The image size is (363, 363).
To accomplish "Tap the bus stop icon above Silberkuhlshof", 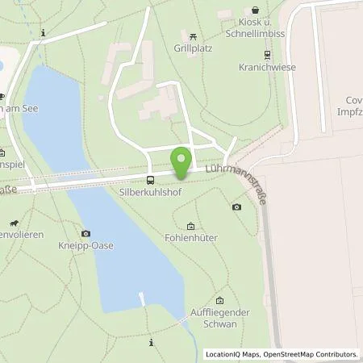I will [150, 180].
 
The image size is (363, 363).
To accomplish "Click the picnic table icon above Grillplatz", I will [192, 36].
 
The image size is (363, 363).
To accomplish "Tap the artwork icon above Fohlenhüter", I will [190, 226].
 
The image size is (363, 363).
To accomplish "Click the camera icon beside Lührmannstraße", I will [237, 207].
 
